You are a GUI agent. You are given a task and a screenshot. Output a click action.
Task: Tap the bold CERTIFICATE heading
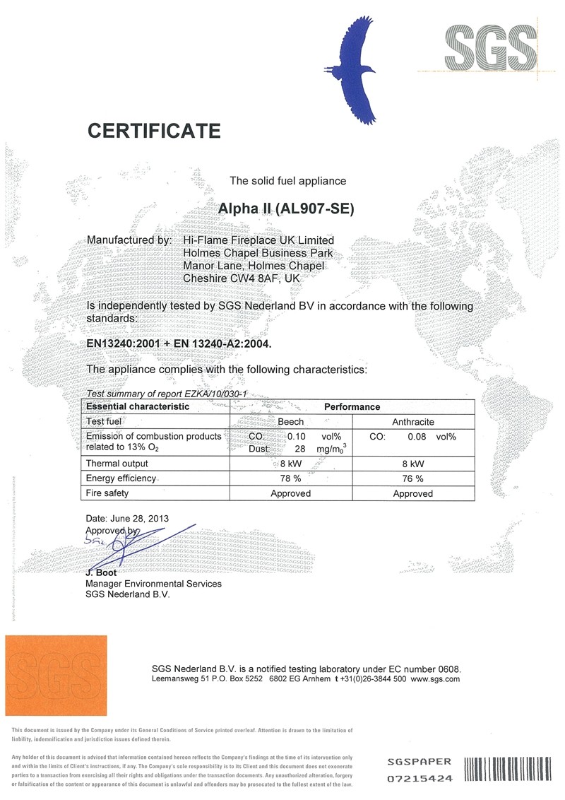coord(154,131)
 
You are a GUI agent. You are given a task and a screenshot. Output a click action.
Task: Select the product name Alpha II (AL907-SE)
coord(289,209)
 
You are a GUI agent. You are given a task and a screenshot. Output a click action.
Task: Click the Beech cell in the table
coord(291,421)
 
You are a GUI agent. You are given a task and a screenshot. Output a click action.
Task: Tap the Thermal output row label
coord(117,464)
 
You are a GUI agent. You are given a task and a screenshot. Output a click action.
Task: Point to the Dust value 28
coord(299,448)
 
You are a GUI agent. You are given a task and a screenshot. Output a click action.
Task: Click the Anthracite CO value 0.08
coord(417,437)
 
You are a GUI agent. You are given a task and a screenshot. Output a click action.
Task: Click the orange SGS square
coord(56,675)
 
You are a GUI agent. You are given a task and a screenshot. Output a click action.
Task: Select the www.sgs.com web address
coord(435,678)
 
